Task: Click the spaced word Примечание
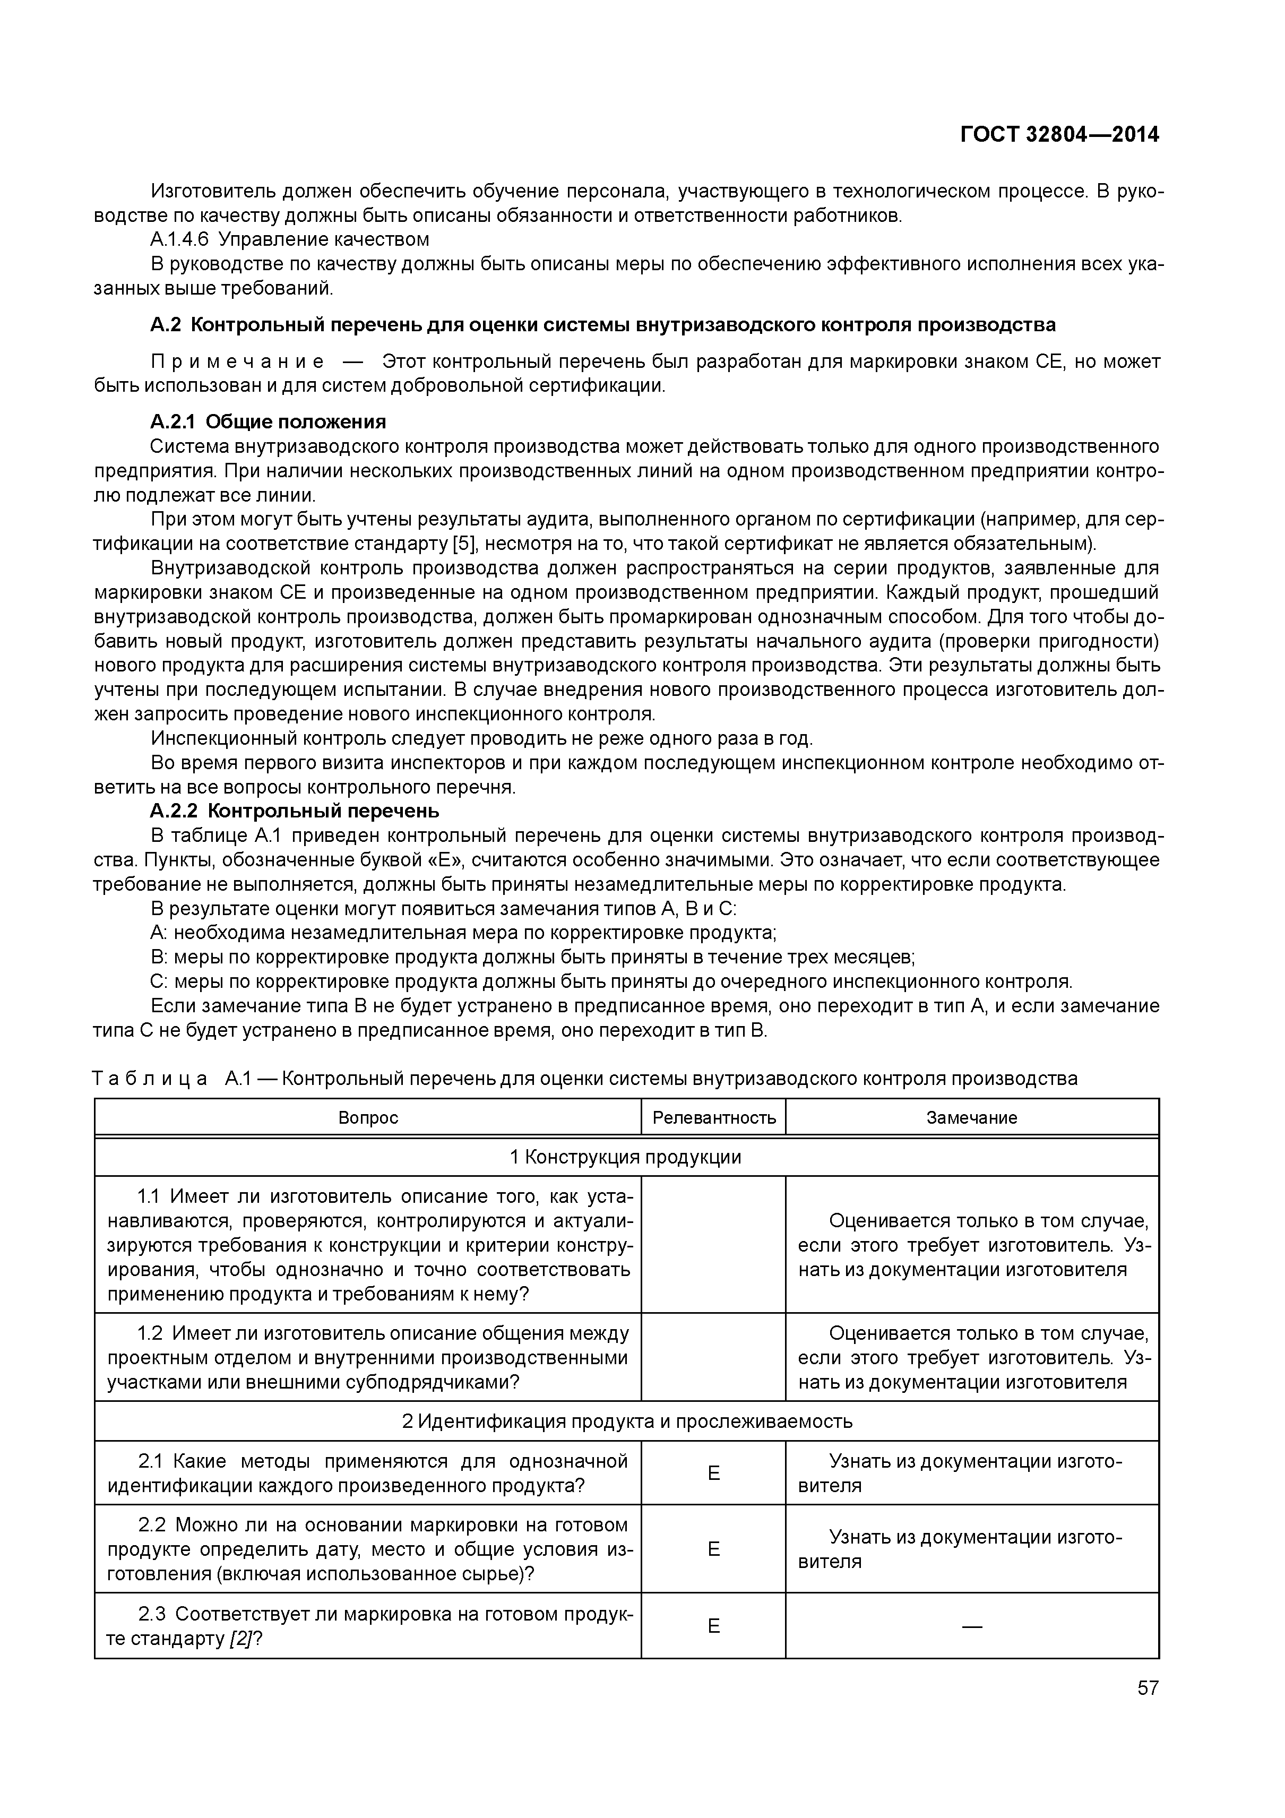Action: [x=238, y=362]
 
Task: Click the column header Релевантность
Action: [x=713, y=1118]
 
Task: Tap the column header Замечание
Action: [x=971, y=1118]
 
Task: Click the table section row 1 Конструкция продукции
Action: [x=625, y=1158]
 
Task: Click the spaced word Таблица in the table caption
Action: [x=150, y=1079]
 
